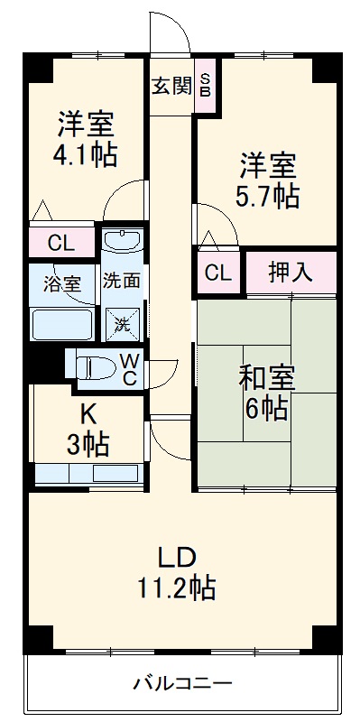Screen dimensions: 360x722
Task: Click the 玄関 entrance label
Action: point(171,87)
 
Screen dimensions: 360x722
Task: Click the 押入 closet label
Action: point(291,272)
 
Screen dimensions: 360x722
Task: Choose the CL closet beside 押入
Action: point(216,273)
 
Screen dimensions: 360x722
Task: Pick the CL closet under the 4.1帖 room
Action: point(60,242)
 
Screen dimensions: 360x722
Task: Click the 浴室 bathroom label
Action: point(62,282)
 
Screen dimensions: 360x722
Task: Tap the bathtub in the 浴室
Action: point(61,323)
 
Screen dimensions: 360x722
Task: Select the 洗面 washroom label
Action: point(120,281)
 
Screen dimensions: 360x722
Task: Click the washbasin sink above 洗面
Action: point(120,241)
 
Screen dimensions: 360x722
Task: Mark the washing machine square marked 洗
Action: point(120,320)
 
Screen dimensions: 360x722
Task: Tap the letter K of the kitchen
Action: point(88,415)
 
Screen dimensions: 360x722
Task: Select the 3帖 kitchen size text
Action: point(88,444)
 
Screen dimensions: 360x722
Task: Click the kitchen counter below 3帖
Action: point(88,474)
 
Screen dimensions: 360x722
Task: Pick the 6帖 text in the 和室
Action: point(265,409)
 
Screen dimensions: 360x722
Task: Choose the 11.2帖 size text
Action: point(178,588)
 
